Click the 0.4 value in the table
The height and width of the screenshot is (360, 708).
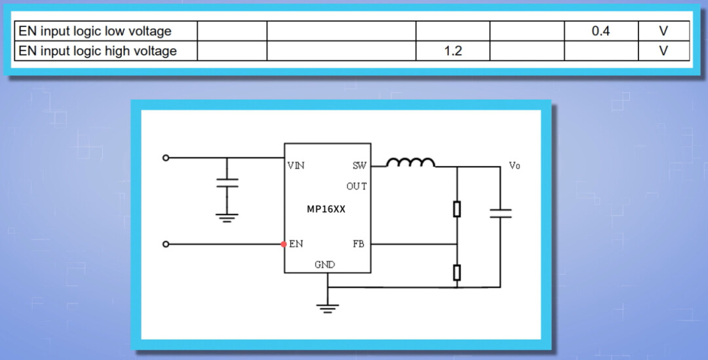600,31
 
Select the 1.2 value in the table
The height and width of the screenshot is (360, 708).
453,50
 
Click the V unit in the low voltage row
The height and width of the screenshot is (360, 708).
663,31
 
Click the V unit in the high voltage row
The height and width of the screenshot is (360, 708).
663,50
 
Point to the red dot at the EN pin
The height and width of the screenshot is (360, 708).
284,244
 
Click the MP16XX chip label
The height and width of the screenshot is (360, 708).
326,210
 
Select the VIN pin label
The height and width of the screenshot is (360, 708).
296,165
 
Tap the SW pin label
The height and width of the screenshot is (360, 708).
359,165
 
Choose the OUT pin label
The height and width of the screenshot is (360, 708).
357,186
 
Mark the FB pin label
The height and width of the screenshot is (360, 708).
359,244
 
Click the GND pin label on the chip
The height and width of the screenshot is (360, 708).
324,265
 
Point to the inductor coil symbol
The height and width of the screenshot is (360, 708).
410,162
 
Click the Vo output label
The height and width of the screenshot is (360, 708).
515,166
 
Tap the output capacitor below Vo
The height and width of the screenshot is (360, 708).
500,212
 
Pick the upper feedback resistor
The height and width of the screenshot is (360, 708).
457,209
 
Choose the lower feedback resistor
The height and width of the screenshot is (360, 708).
457,271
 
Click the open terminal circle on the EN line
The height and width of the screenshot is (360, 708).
166,244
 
